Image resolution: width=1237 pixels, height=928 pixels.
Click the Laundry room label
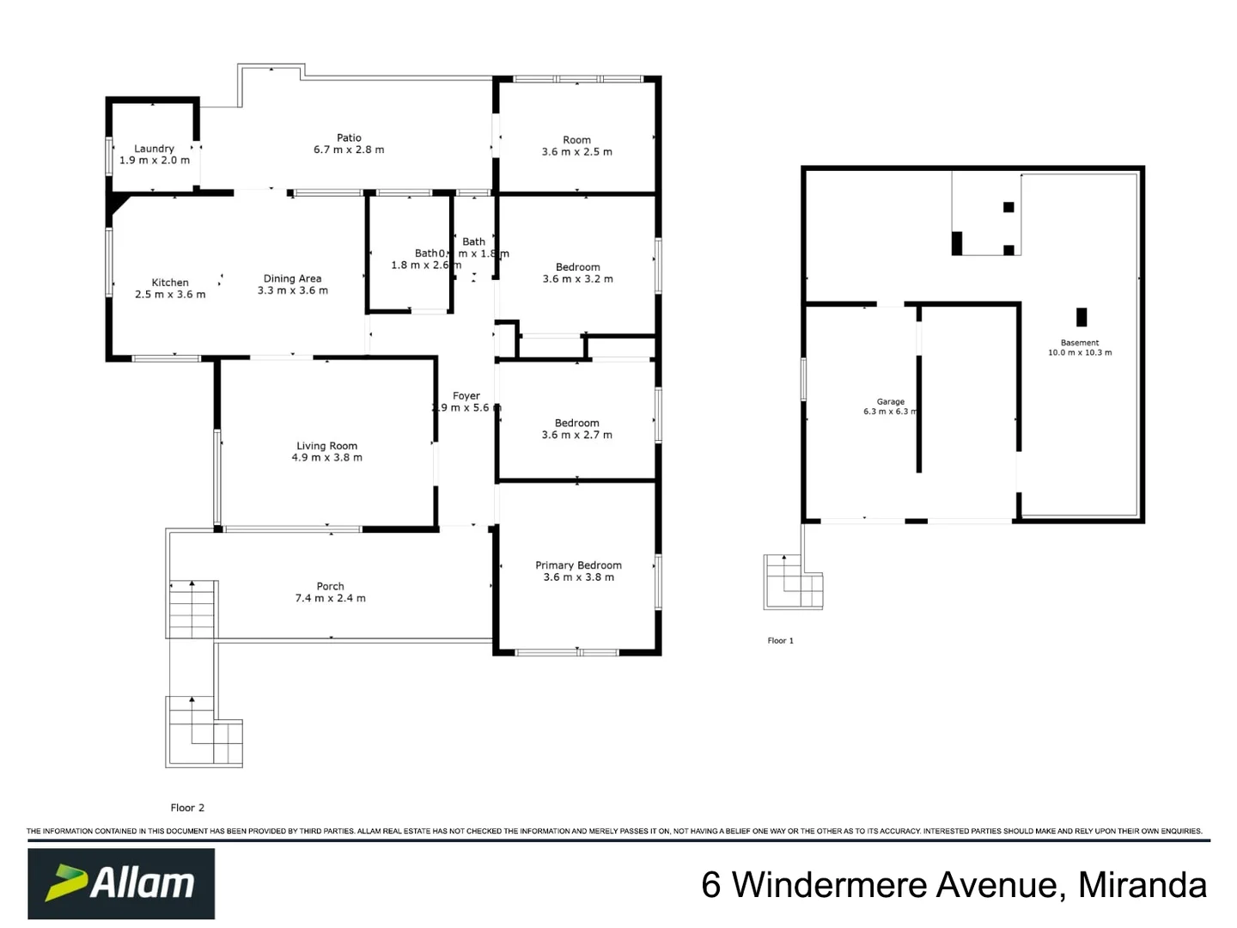point(155,149)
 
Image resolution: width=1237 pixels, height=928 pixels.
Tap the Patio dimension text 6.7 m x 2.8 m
point(349,150)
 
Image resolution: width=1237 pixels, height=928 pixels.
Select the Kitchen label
point(170,282)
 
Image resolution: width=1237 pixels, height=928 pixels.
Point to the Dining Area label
point(292,278)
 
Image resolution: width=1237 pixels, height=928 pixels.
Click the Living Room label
point(326,446)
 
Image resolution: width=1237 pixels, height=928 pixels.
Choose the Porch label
point(330,586)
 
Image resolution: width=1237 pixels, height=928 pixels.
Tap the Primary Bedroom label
point(578,565)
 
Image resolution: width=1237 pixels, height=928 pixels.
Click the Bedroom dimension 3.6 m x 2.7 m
point(577,435)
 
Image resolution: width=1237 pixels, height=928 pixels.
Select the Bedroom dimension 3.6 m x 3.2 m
point(578,278)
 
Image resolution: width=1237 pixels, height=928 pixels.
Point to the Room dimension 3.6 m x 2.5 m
point(577,152)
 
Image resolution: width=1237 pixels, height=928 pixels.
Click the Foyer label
point(466,396)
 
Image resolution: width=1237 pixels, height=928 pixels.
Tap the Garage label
point(891,401)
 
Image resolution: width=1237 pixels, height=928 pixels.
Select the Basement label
point(1080,343)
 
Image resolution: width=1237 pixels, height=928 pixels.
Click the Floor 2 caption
point(187,808)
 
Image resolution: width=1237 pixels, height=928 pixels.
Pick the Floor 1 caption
point(780,641)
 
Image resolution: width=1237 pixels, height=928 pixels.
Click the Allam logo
point(121,883)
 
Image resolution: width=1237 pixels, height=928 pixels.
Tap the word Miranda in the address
point(1143,885)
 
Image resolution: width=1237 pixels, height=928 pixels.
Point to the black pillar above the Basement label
point(1082,317)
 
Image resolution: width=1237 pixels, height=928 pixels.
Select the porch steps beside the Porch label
point(192,609)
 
